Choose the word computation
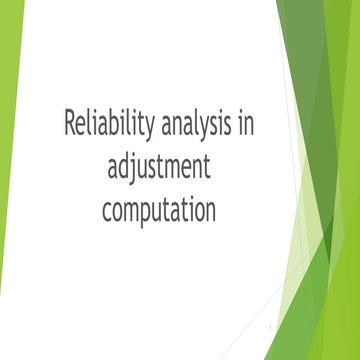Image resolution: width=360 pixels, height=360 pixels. pos(159,210)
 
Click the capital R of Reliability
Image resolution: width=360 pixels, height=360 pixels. pos(71,125)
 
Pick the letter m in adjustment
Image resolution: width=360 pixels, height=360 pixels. pos(177,169)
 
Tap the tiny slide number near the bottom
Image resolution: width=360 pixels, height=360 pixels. pos(271,327)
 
